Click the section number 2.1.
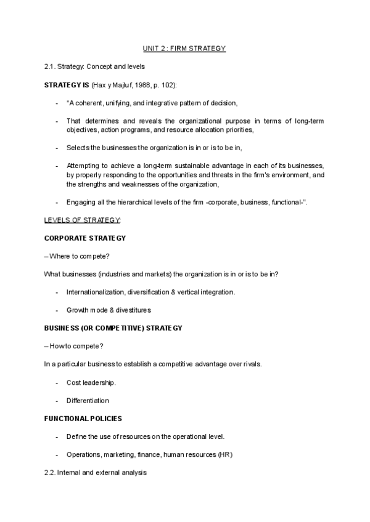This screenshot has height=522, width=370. coord(51,66)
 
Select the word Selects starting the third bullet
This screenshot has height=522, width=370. coord(78,148)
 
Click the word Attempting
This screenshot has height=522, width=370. coord(83,166)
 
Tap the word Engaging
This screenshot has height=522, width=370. coord(81,202)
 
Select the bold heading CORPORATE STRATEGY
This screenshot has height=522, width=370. coord(86,238)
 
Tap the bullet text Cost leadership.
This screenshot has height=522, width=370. coord(91,382)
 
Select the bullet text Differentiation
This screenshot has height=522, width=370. coord(88,400)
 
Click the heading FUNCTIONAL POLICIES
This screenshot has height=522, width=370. coord(83,419)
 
